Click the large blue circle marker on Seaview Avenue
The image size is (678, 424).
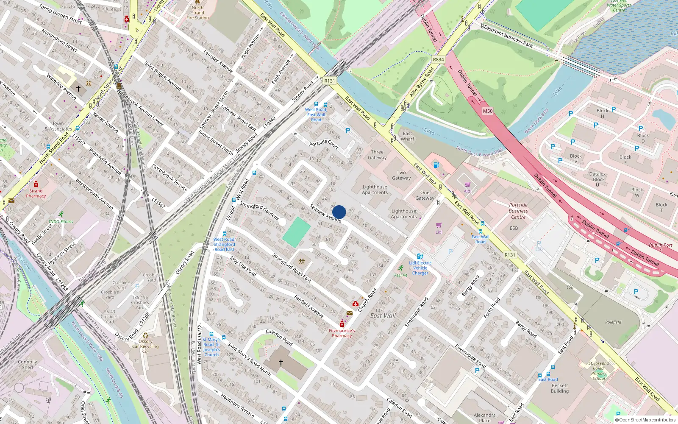(339, 212)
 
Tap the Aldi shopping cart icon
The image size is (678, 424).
(467, 185)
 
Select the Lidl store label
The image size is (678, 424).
(439, 232)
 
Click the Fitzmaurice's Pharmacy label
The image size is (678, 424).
(342, 333)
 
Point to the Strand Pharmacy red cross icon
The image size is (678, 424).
(36, 184)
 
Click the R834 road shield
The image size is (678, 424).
(438, 59)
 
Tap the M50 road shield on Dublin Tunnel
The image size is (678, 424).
(488, 111)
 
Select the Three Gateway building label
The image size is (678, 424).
(377, 155)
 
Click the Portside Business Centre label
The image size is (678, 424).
(518, 211)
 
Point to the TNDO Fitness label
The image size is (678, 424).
(61, 221)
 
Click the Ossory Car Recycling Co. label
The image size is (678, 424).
(145, 346)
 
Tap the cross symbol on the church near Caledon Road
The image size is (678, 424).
(281, 363)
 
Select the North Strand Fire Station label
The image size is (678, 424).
(197, 13)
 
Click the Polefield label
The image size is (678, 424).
(613, 322)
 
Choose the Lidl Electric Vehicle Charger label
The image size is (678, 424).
(420, 268)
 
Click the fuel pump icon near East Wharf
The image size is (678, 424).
(436, 165)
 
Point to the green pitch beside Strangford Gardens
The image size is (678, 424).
(297, 232)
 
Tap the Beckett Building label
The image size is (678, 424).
(559, 388)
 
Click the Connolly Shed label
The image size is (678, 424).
(28, 365)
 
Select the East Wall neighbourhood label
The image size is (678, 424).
(383, 315)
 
